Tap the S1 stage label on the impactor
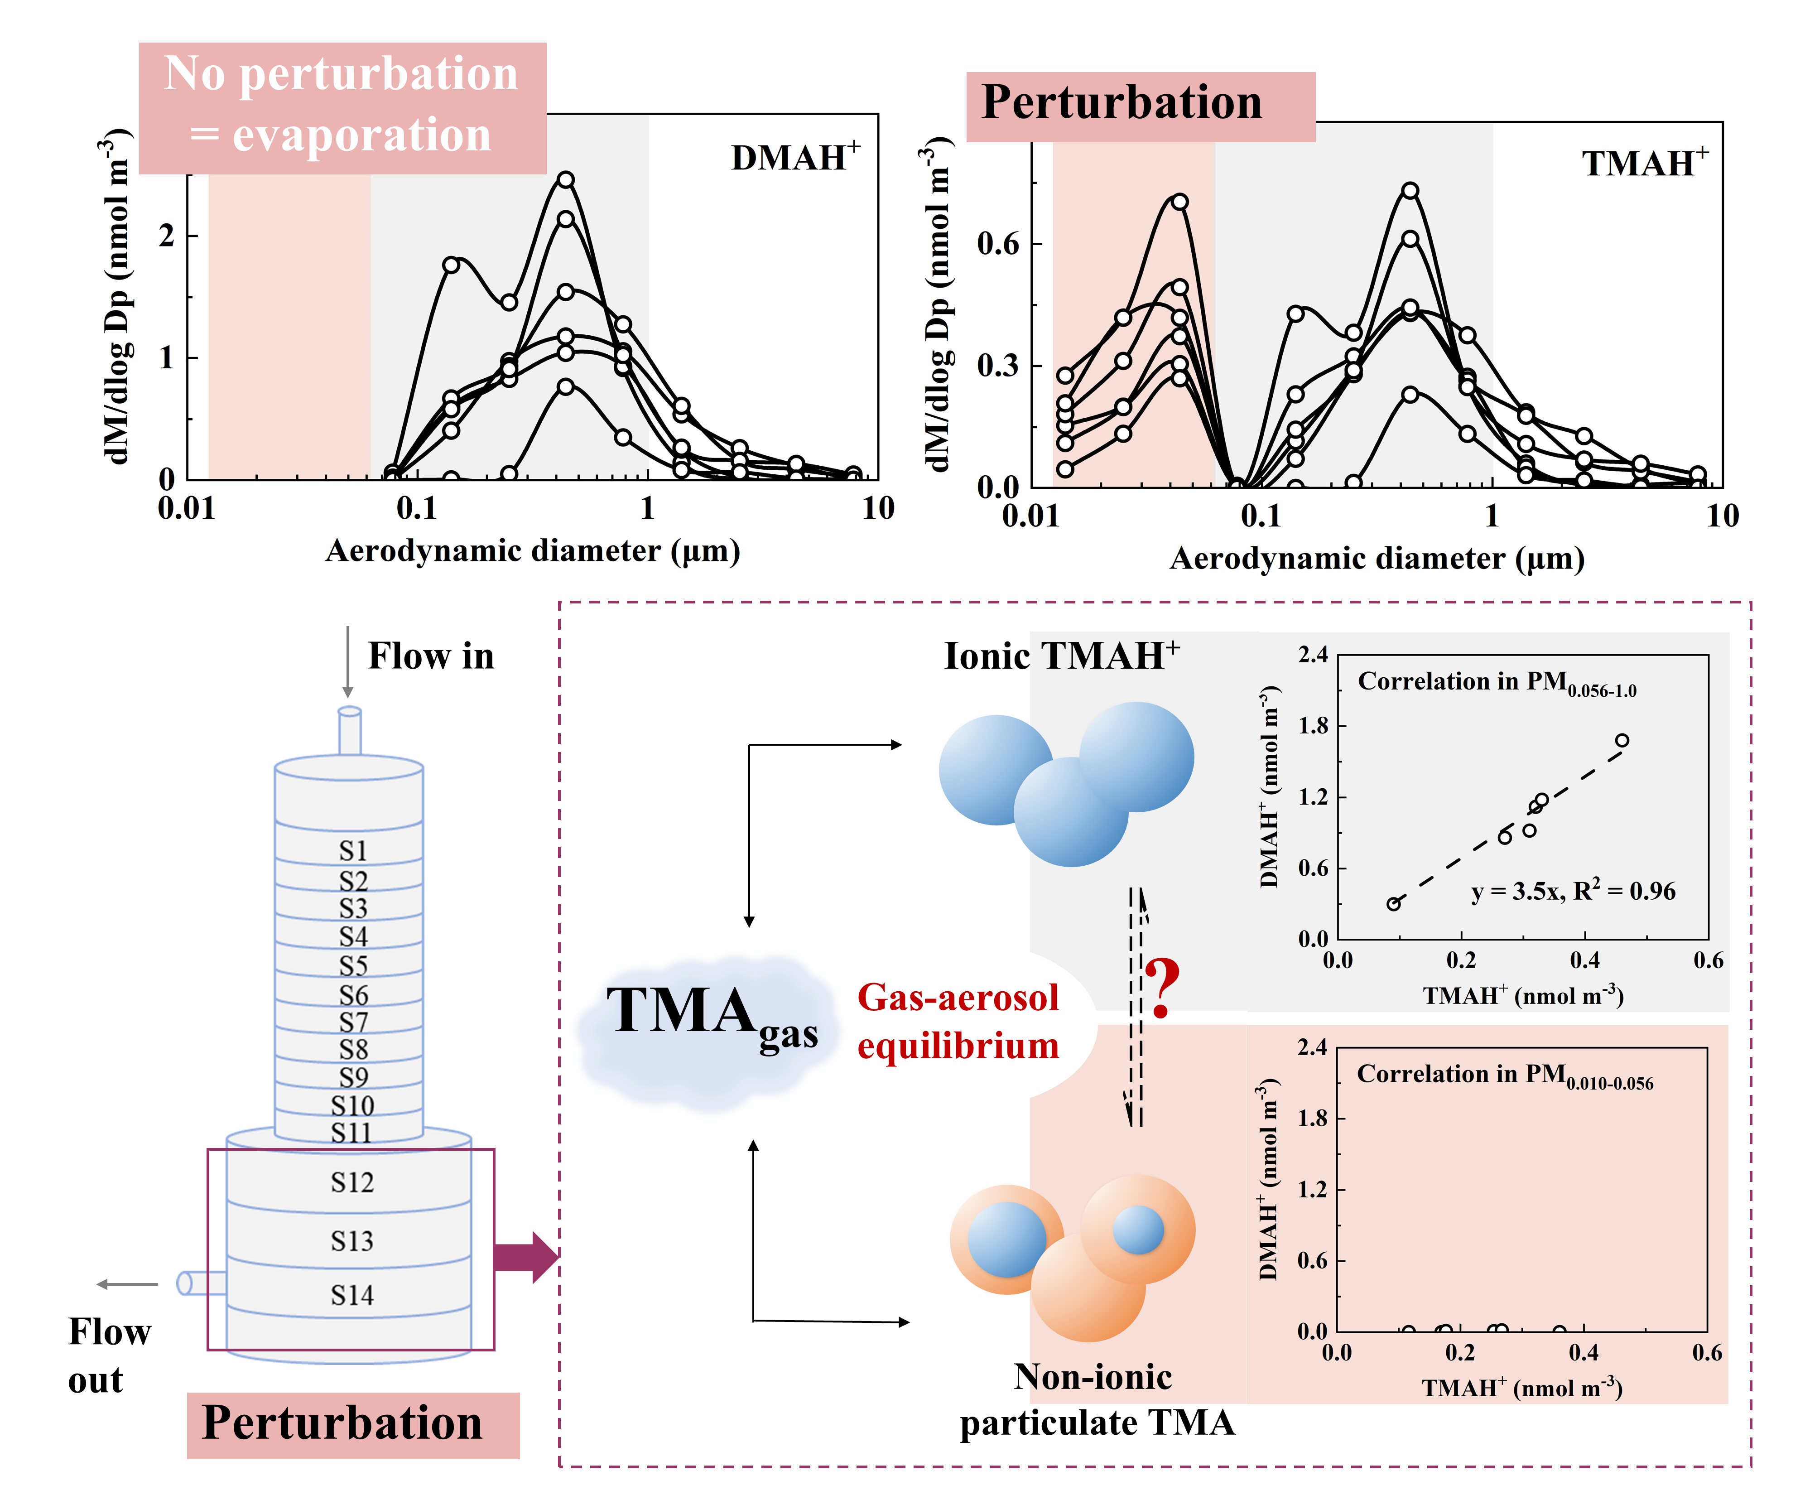(x=352, y=850)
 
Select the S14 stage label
(x=352, y=1295)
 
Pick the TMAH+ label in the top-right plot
(x=1644, y=164)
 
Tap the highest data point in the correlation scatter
(x=1622, y=740)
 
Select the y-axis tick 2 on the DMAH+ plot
(x=167, y=236)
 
